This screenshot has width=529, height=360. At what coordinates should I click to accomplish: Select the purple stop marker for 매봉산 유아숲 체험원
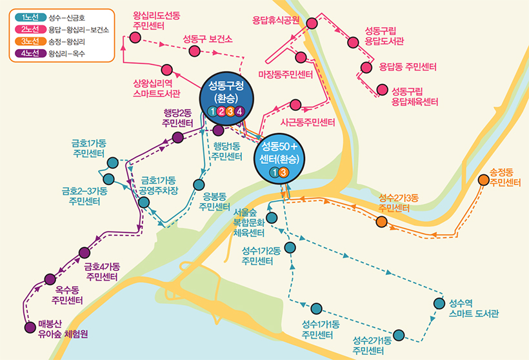(29, 327)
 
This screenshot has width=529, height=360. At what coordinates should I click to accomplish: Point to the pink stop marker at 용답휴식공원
(312, 23)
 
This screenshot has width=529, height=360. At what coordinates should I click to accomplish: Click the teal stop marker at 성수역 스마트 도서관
(439, 304)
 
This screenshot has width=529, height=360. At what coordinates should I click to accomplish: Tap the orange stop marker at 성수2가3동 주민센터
(382, 222)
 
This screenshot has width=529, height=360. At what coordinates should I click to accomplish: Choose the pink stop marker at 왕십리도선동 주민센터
(135, 37)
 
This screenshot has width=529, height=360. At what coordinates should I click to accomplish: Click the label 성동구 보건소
(207, 38)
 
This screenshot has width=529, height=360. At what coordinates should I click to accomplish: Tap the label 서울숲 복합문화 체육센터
(249, 223)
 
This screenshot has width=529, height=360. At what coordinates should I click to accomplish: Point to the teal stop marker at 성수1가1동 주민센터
(316, 308)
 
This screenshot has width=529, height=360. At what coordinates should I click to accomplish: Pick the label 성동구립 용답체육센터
(415, 96)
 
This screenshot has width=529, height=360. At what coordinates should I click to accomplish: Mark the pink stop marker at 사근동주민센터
(296, 105)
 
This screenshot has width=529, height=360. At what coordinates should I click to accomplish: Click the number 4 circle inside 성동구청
(239, 112)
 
